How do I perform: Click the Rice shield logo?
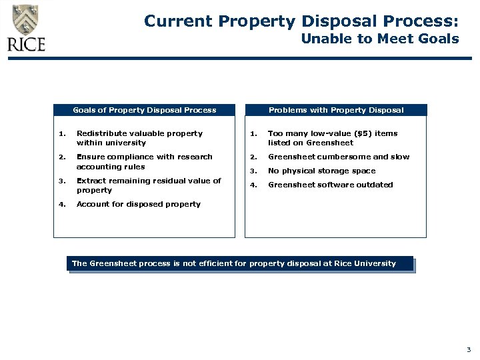(x=26, y=19)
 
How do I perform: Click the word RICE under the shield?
(x=26, y=45)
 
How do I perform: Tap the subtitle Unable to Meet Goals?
(x=379, y=39)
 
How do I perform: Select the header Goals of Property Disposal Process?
(x=144, y=110)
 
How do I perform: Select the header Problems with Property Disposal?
(x=336, y=110)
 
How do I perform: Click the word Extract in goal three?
(x=91, y=181)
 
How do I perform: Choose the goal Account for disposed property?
(x=139, y=204)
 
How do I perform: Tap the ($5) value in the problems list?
(x=365, y=133)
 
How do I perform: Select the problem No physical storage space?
(x=321, y=171)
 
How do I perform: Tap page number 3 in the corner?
(x=469, y=349)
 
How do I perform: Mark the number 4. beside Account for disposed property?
(x=61, y=205)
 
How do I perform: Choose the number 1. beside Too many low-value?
(x=253, y=134)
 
